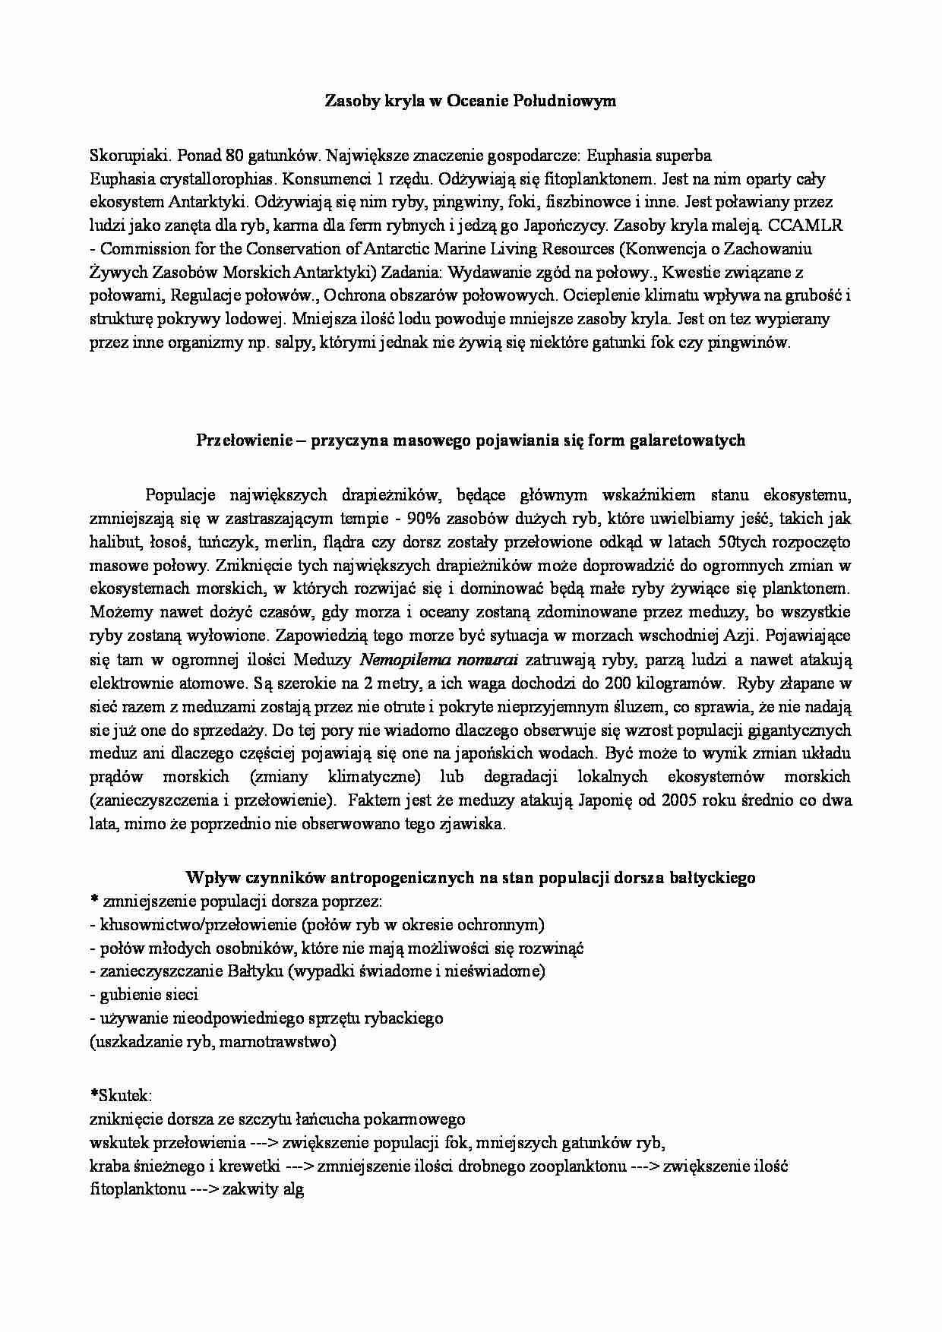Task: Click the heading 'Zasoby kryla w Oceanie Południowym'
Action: (x=470, y=101)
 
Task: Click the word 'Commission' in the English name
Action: (x=138, y=249)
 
